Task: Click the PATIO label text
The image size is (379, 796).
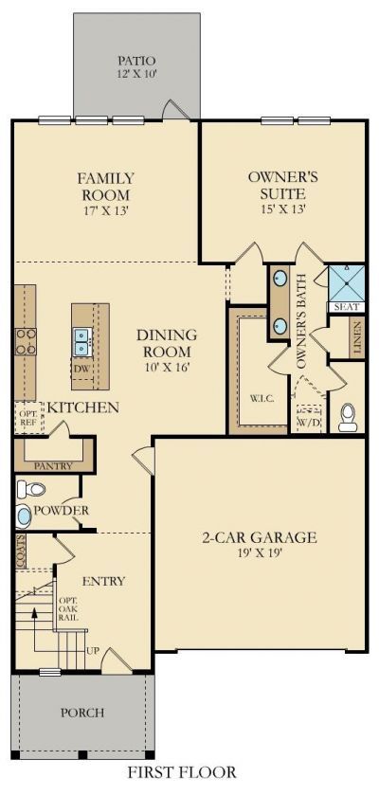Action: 136,61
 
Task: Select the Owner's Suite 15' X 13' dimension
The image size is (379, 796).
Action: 283,208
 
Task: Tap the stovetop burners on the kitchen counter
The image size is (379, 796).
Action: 25,341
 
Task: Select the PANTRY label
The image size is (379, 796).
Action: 53,466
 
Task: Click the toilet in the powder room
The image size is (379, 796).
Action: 30,489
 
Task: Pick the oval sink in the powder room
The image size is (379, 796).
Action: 24,516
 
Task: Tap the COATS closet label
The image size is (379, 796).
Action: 21,551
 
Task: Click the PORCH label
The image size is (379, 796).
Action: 82,713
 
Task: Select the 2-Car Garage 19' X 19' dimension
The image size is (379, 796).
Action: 259,552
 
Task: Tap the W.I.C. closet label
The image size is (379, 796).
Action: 262,398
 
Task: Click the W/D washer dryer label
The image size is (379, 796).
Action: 310,423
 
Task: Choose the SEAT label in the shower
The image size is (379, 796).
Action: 347,307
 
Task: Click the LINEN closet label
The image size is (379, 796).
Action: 357,337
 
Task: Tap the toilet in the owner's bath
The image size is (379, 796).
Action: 348,417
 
